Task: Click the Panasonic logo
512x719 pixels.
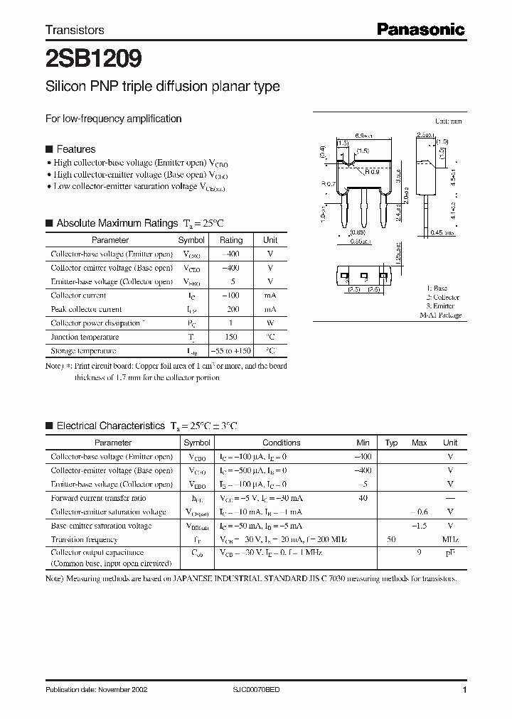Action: click(x=420, y=29)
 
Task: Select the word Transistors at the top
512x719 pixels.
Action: click(x=75, y=30)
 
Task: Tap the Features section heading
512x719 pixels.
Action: click(x=75, y=149)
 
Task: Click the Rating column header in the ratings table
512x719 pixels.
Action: click(x=231, y=240)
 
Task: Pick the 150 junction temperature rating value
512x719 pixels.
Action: click(x=231, y=337)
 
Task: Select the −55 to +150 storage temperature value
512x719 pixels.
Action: click(x=231, y=351)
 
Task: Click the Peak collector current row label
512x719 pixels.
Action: click(x=86, y=309)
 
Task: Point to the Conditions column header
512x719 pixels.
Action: click(x=282, y=443)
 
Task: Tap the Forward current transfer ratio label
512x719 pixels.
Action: click(x=99, y=499)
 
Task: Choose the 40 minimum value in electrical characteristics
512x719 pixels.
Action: click(x=363, y=499)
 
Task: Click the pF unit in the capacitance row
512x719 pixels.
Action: click(x=450, y=553)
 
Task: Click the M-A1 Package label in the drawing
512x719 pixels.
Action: click(x=440, y=315)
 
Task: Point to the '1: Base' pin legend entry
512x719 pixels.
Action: click(x=437, y=289)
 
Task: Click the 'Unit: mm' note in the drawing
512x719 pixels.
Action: click(x=448, y=121)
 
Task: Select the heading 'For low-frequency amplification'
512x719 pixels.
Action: click(x=113, y=119)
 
